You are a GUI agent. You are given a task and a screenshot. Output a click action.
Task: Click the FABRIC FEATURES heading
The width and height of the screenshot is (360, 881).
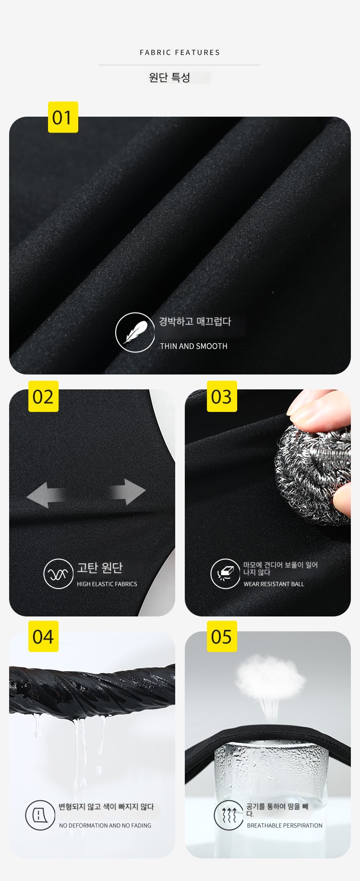pyautogui.click(x=180, y=52)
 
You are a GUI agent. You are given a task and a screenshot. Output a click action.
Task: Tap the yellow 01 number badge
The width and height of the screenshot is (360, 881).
pyautogui.click(x=63, y=117)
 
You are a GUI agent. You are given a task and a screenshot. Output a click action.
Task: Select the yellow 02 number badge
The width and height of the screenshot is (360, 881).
pyautogui.click(x=43, y=397)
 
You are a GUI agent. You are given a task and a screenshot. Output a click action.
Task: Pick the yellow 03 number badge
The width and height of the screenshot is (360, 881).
pyautogui.click(x=222, y=397)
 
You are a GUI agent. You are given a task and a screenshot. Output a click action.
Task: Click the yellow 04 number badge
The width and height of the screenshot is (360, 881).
pyautogui.click(x=43, y=637)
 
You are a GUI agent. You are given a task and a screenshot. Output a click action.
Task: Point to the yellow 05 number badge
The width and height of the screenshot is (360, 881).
pyautogui.click(x=222, y=637)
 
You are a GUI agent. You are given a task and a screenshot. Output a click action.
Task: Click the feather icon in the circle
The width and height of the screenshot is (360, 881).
pyautogui.click(x=135, y=332)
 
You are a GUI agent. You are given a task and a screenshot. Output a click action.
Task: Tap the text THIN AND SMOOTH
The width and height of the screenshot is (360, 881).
pyautogui.click(x=193, y=346)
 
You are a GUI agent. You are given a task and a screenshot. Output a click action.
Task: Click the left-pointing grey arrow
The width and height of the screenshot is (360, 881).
pyautogui.click(x=46, y=495)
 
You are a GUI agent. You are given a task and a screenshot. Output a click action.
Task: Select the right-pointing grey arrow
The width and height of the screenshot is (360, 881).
pyautogui.click(x=127, y=492)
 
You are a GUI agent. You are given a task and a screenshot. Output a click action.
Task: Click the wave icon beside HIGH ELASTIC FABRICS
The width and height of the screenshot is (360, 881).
pyautogui.click(x=58, y=574)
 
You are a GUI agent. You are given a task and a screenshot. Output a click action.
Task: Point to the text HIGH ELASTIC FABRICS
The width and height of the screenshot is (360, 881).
pyautogui.click(x=107, y=584)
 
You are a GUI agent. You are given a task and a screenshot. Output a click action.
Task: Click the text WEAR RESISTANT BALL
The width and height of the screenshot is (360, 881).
pyautogui.click(x=274, y=584)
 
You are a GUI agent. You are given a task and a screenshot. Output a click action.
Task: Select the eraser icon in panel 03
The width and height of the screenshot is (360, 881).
pyautogui.click(x=225, y=574)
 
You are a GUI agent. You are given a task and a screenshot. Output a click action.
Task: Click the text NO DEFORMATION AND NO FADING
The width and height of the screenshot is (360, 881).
pyautogui.click(x=105, y=825)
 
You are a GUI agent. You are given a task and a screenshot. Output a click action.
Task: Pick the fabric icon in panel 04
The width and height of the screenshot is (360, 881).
pyautogui.click(x=40, y=815)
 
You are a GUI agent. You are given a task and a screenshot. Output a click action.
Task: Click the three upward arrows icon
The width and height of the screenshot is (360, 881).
pyautogui.click(x=229, y=815)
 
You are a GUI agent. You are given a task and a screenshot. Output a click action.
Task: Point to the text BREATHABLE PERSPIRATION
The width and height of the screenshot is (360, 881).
pyautogui.click(x=285, y=825)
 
